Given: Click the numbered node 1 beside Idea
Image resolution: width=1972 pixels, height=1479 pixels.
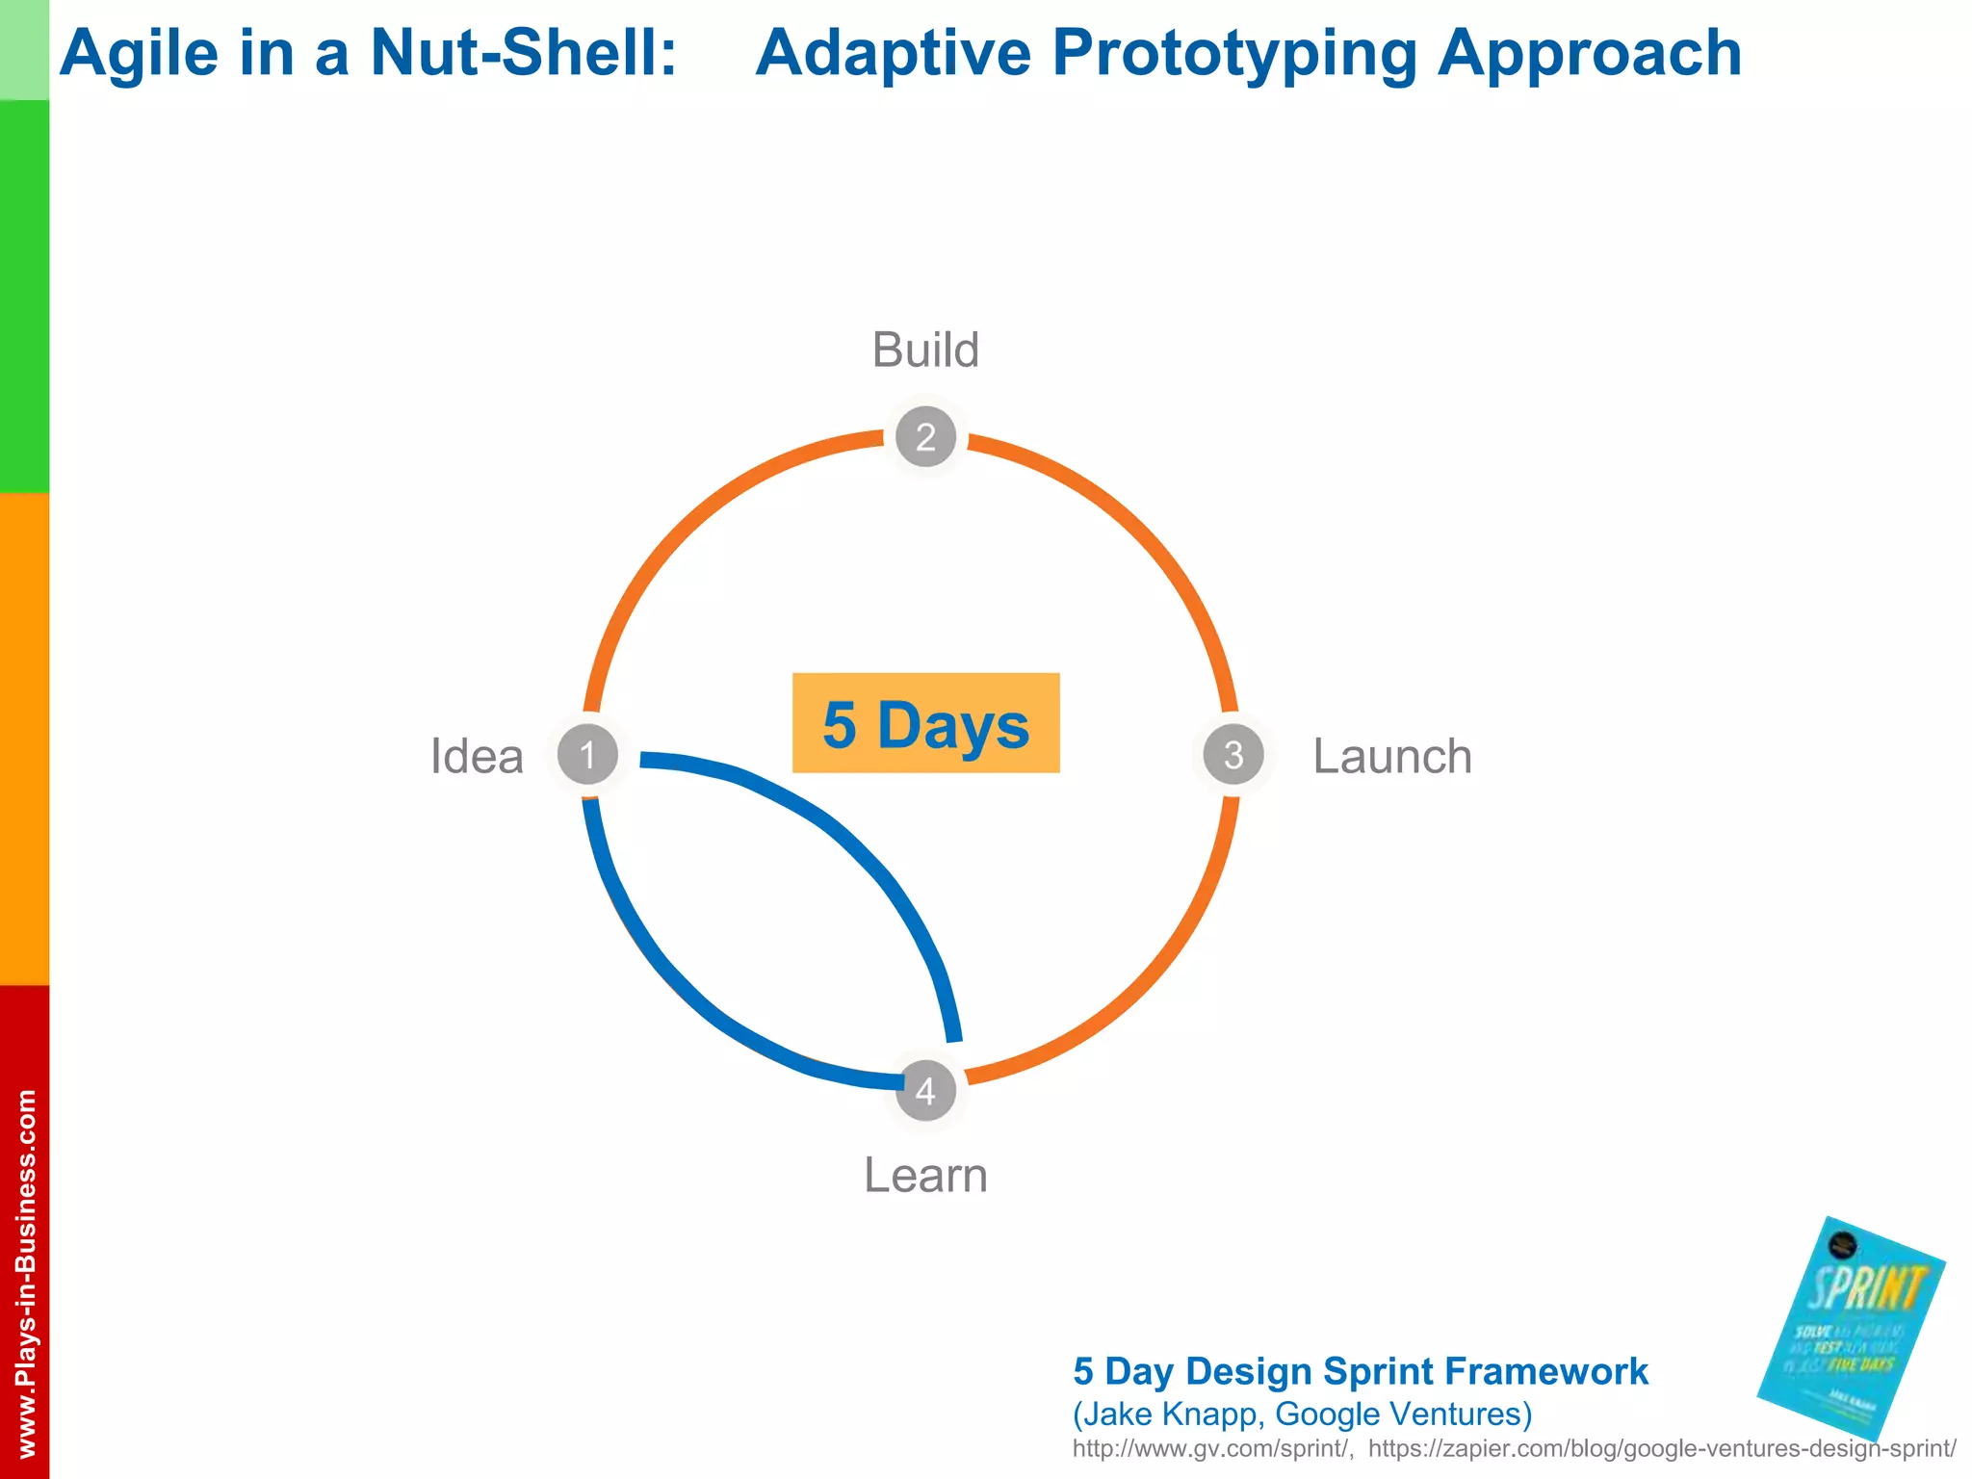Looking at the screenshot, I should tap(587, 755).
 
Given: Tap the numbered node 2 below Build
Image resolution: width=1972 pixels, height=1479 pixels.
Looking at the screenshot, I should tap(925, 437).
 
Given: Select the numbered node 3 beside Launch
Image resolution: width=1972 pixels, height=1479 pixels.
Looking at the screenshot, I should tap(1233, 755).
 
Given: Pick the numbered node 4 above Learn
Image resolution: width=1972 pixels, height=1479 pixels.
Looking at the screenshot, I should tap(925, 1091).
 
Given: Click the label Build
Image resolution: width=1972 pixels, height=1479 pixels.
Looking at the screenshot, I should tap(925, 350).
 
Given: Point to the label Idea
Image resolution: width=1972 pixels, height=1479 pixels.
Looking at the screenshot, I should tap(477, 756).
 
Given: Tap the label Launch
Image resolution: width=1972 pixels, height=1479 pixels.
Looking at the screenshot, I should tap(1392, 756).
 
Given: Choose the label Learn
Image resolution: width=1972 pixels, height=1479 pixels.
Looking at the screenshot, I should tap(925, 1176).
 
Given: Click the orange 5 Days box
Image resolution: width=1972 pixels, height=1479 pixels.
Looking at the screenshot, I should tap(925, 723).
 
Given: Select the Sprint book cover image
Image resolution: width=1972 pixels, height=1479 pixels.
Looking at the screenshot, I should tap(1850, 1329).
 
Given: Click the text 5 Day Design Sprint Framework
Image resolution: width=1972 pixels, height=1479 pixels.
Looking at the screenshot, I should tap(1360, 1371).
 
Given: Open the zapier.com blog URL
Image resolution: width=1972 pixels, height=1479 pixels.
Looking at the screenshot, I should tap(1661, 1448).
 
